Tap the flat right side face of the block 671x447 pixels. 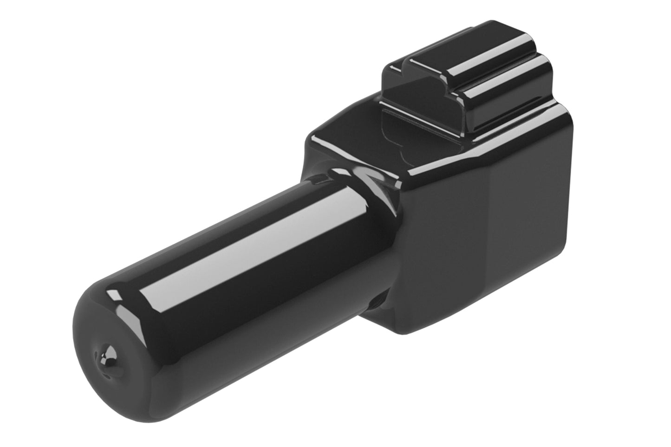point(529,209)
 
